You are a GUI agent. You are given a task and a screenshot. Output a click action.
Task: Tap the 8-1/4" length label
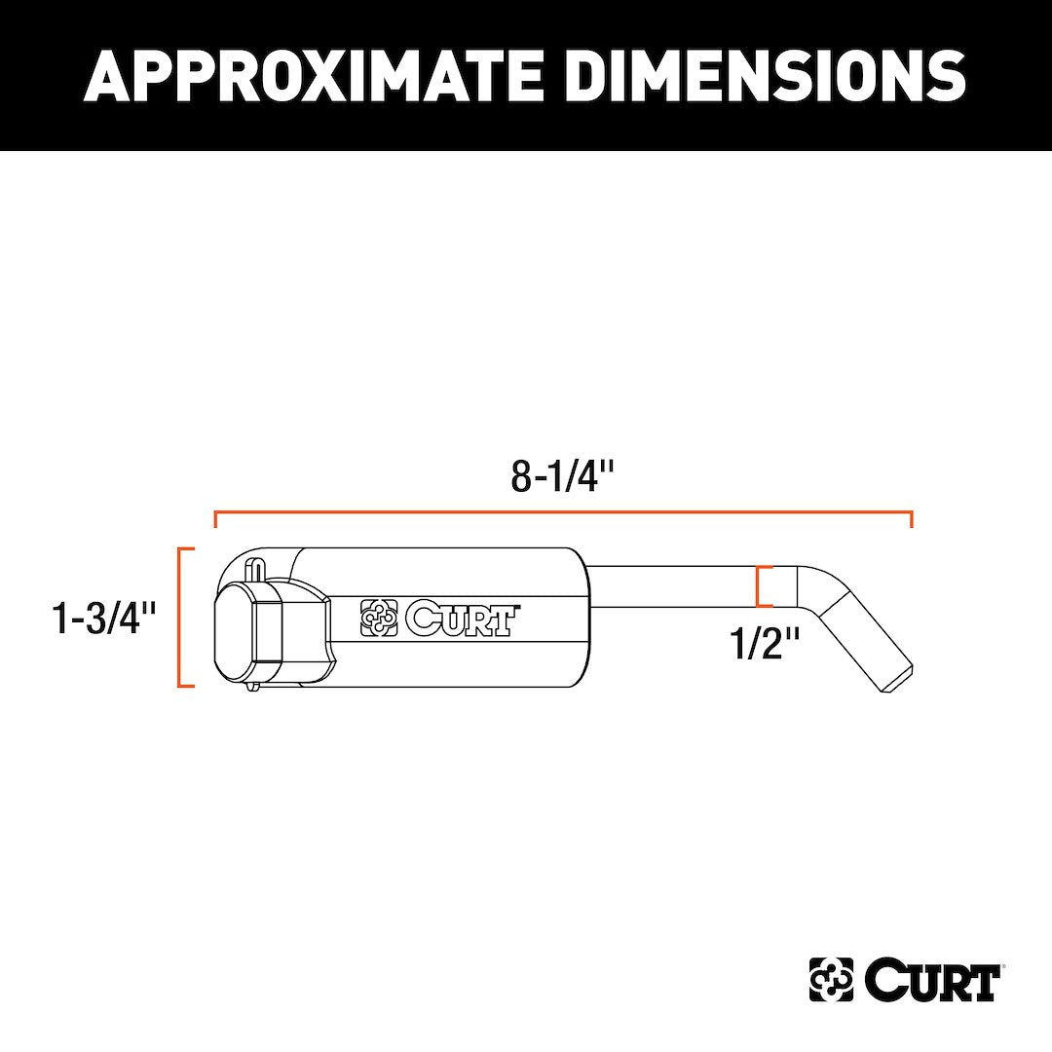tap(563, 476)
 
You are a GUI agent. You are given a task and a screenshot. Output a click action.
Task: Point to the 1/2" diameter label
tap(766, 643)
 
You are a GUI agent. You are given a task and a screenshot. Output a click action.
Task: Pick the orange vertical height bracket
tap(182, 619)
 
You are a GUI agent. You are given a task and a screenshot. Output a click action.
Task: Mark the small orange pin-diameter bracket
tap(762, 587)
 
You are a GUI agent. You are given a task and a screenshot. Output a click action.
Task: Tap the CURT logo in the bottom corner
tap(905, 979)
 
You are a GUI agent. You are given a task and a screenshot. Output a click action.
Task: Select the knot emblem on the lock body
tap(380, 619)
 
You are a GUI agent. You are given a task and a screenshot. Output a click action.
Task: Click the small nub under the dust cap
tap(253, 687)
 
